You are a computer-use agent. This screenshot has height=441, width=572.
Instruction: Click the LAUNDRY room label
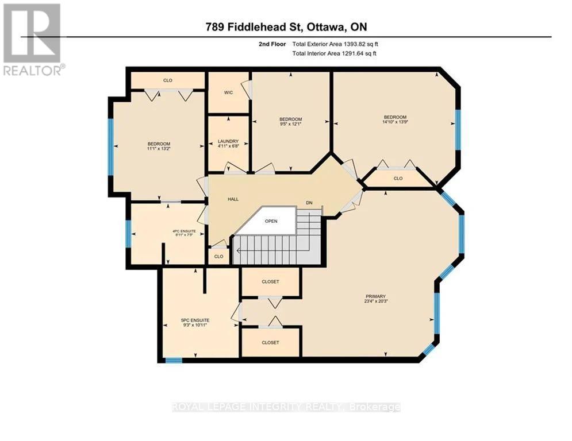coord(228,141)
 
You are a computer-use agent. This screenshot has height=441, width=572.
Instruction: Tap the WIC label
coord(228,92)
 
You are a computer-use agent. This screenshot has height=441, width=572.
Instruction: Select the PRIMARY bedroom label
coord(375,296)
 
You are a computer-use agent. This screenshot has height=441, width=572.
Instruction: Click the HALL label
coord(233,199)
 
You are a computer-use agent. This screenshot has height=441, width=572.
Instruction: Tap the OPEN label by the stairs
coord(271,221)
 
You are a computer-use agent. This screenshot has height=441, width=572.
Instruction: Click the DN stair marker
coord(309,203)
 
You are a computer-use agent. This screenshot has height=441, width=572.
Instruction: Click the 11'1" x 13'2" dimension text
coord(159,149)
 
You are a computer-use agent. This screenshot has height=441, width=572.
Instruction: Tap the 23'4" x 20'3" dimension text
coord(375,302)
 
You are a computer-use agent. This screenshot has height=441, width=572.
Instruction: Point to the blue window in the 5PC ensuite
coord(174,360)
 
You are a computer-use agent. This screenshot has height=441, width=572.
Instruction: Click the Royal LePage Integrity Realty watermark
coord(286,407)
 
